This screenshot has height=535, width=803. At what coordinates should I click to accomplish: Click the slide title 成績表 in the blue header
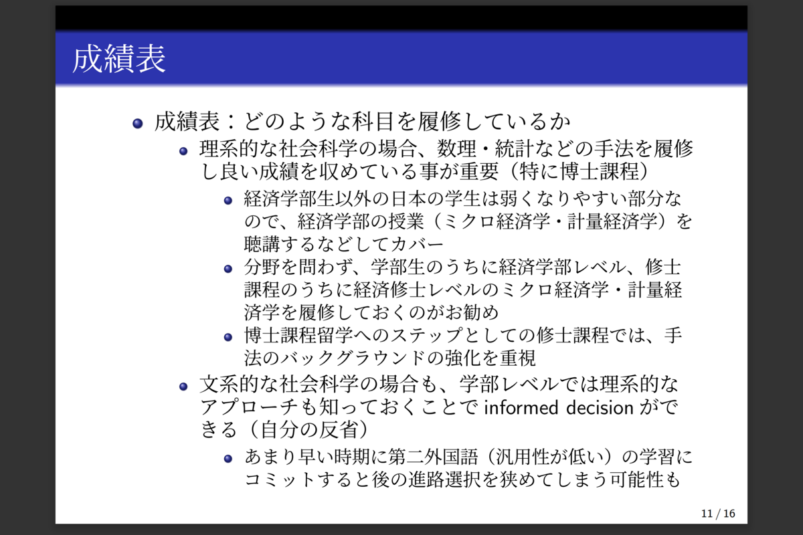click(x=119, y=59)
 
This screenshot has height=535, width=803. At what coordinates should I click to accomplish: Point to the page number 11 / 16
click(x=718, y=514)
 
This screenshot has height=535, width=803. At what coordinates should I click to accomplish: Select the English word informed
click(x=521, y=407)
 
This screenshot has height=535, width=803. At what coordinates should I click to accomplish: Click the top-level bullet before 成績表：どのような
click(x=138, y=124)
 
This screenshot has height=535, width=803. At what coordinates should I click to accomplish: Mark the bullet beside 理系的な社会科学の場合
click(x=183, y=151)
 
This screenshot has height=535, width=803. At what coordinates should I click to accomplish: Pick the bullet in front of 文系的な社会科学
click(x=183, y=387)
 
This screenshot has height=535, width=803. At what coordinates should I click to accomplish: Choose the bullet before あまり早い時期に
click(x=228, y=459)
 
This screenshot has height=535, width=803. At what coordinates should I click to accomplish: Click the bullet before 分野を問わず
click(x=228, y=269)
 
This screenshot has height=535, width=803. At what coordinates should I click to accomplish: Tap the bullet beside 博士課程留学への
click(x=228, y=337)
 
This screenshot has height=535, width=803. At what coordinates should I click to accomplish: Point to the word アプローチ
click(x=249, y=407)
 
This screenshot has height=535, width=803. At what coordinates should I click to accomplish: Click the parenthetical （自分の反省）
click(x=308, y=429)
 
